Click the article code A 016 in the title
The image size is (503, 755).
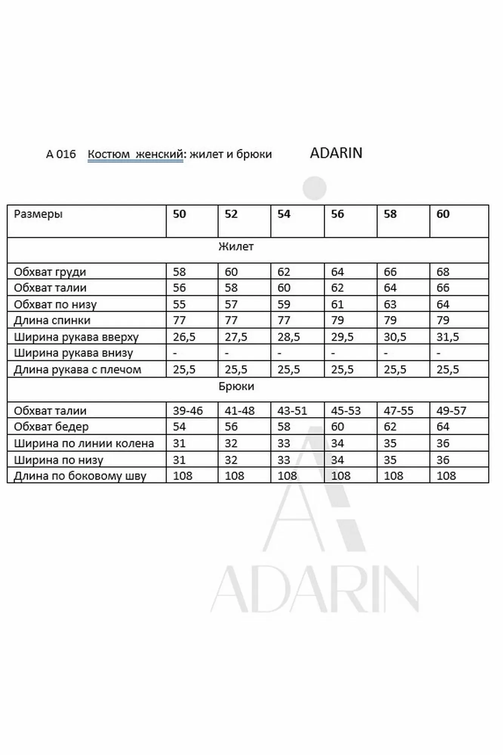tap(61, 154)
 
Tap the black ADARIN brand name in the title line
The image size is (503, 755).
tap(336, 153)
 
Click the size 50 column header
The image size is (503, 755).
tap(180, 214)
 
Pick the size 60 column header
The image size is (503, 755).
tap(443, 214)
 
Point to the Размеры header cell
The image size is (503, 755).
tap(38, 214)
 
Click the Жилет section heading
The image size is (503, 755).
tap(236, 247)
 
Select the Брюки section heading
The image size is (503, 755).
tap(236, 386)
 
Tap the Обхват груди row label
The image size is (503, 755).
tap(50, 272)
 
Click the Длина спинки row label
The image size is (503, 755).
tap(52, 320)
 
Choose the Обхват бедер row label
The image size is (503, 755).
tap(51, 427)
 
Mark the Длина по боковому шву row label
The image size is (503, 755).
tap(80, 476)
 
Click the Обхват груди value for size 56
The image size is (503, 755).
tap(337, 272)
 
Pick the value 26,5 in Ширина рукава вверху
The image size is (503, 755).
tap(184, 337)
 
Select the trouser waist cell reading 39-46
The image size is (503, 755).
tap(188, 410)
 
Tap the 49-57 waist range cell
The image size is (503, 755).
tap(451, 410)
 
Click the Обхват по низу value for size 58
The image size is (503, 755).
tap(390, 304)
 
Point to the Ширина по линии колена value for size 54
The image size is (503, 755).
tap(284, 443)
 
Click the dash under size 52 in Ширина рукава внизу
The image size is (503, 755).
tap(226, 353)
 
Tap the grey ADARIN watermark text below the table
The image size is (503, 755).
tap(314, 591)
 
